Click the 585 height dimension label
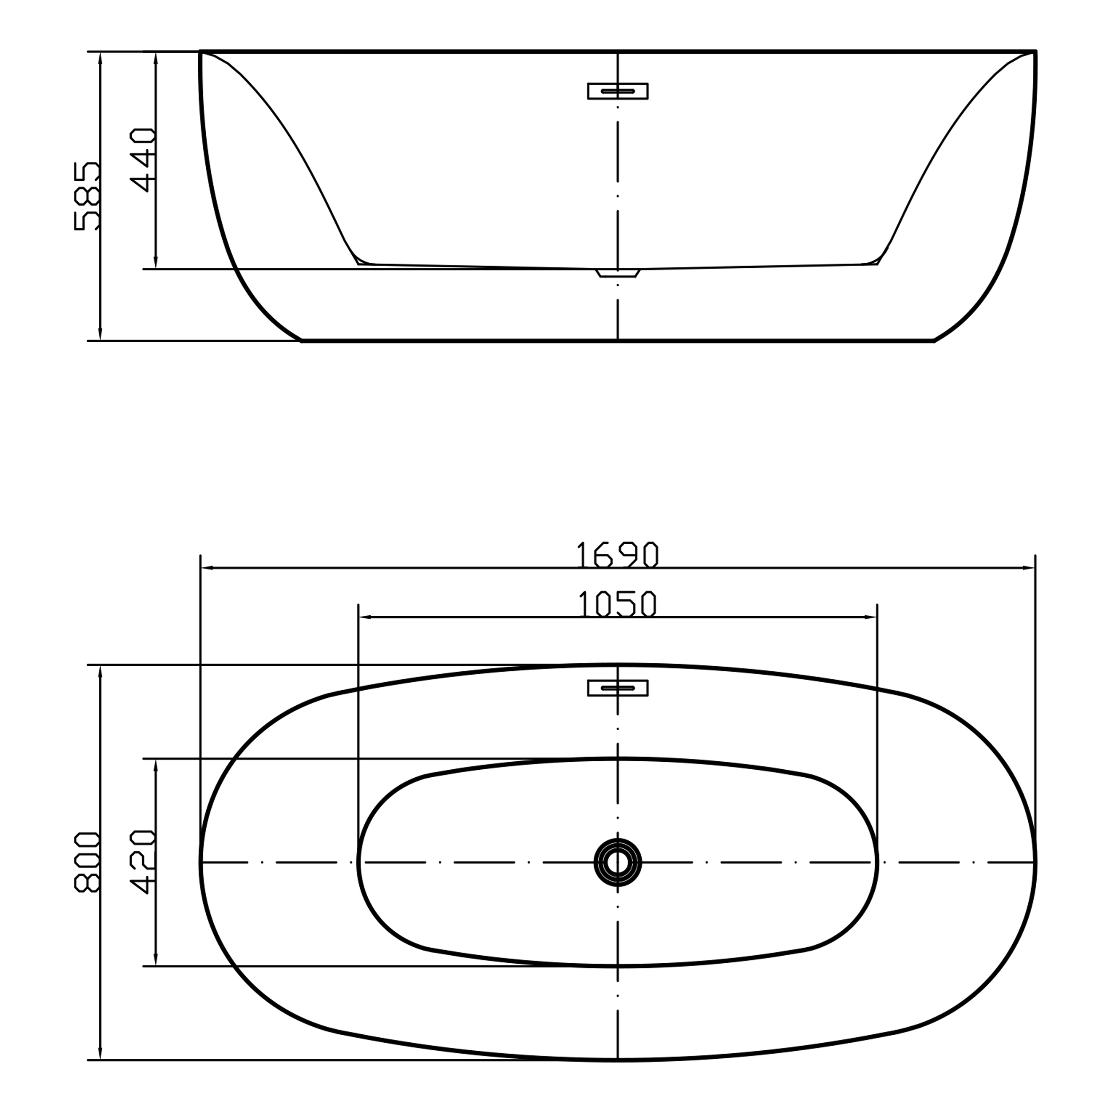pyautogui.click(x=88, y=196)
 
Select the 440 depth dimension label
pyautogui.click(x=143, y=160)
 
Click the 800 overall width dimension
pyautogui.click(x=88, y=862)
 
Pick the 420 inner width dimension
pyautogui.click(x=143, y=862)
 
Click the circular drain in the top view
pyautogui.click(x=618, y=862)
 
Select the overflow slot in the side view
pyautogui.click(x=618, y=91)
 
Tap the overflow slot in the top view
pyautogui.click(x=618, y=688)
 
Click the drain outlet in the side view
pyautogui.click(x=618, y=273)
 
